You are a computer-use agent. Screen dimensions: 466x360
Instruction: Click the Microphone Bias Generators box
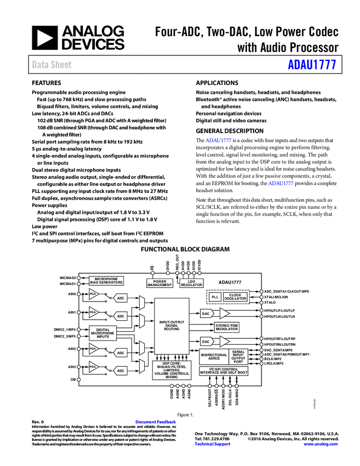point(106,281)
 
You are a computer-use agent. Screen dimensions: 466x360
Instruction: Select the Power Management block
point(159,283)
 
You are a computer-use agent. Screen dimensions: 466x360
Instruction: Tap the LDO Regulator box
point(191,283)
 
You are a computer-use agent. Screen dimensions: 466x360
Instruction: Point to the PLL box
point(215,297)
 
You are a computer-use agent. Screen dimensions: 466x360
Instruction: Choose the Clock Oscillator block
point(235,297)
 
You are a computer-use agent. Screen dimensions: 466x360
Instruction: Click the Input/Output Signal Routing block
point(172,326)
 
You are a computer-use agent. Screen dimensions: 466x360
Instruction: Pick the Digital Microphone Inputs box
point(103,333)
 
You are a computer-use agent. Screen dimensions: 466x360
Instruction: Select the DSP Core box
point(172,370)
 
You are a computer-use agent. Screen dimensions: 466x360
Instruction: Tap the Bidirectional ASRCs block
point(214,356)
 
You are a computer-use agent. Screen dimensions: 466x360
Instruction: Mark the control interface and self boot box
point(224,371)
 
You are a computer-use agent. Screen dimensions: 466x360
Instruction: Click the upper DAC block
point(206,314)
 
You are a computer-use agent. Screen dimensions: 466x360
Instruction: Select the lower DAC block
point(206,341)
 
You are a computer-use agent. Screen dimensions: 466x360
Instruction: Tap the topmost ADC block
point(121,298)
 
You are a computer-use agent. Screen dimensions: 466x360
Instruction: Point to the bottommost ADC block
point(121,371)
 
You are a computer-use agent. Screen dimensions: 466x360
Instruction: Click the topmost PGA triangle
point(94,294)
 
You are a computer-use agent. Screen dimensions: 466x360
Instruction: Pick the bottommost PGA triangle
point(94,367)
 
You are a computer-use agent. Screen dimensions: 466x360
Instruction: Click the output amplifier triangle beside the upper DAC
point(224,314)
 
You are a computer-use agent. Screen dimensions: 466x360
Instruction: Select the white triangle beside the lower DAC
point(224,341)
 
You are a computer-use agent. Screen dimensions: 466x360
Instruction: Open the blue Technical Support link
point(213,444)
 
